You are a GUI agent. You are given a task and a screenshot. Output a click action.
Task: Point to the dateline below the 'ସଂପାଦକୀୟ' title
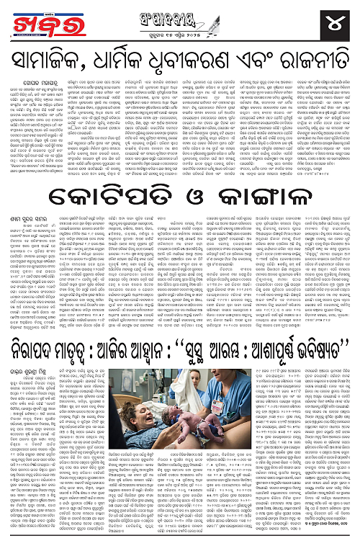tap(179, 30)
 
